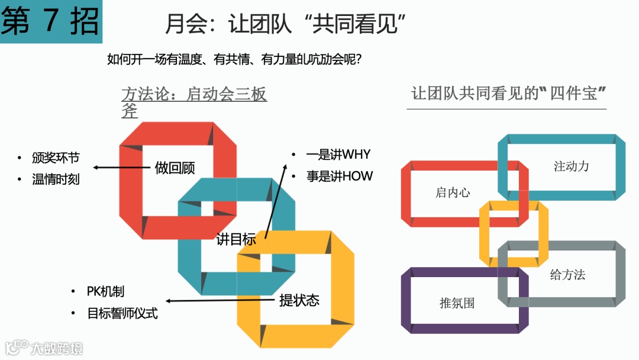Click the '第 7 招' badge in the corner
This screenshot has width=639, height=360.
[x=50, y=21]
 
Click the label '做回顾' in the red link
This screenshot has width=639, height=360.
[x=175, y=168]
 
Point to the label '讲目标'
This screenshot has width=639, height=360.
[x=237, y=239]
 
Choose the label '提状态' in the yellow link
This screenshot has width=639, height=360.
[x=299, y=300]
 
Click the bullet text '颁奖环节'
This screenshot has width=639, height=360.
[x=56, y=158]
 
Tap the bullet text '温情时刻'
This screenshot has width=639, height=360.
[x=56, y=179]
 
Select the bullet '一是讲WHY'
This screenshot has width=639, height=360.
[x=338, y=155]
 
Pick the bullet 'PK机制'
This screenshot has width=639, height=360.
[x=105, y=291]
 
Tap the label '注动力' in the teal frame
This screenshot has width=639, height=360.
[x=571, y=166]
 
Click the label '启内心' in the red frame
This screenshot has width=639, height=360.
[x=453, y=192]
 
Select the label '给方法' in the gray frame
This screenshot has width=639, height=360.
[x=567, y=275]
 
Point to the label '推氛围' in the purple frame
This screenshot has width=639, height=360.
[x=457, y=303]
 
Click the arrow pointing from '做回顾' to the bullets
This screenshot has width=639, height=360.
[x=121, y=168]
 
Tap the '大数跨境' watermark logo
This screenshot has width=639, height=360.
[x=44, y=348]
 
